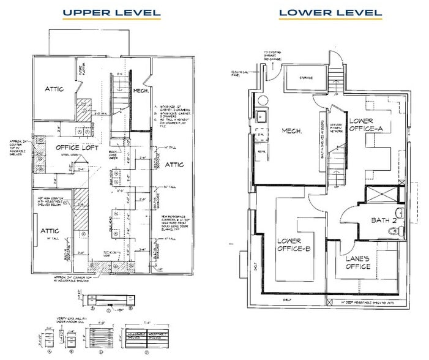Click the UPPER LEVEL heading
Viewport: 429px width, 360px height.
(112, 12)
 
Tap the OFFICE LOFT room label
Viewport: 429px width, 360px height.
(77, 148)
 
